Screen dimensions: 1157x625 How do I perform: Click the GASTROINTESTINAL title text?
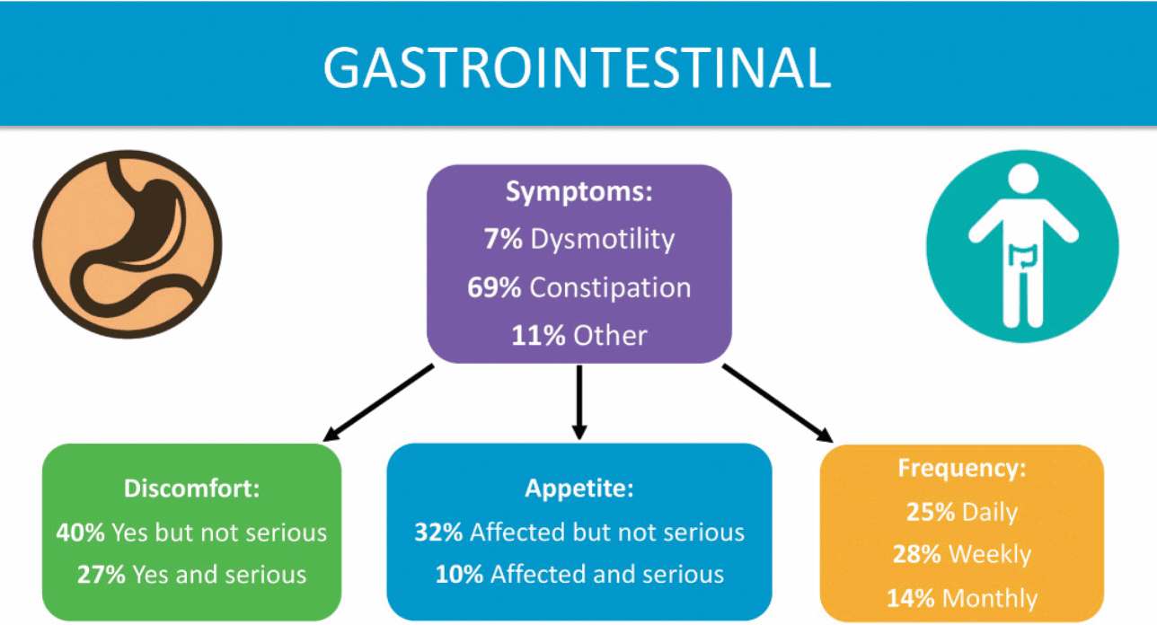[x=577, y=67]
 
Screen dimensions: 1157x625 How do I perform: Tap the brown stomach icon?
[x=128, y=244]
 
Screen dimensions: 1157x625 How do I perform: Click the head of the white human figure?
[x=1023, y=179]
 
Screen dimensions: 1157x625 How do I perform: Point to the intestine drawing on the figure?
[x=1023, y=256]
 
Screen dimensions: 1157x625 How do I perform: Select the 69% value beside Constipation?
[x=494, y=287]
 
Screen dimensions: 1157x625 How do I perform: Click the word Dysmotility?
[x=603, y=239]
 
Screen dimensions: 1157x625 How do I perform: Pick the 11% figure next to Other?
[x=538, y=336]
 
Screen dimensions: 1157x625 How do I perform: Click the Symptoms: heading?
[x=579, y=192]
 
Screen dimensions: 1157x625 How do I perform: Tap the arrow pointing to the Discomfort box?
[x=378, y=403]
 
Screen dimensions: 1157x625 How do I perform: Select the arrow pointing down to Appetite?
[x=579, y=402]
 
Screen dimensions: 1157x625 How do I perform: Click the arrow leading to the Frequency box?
[x=778, y=403]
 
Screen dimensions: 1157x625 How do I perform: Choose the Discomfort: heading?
[x=191, y=489]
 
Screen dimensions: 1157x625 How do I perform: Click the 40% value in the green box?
[x=81, y=533]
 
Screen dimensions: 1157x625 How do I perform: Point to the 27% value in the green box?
[x=102, y=575]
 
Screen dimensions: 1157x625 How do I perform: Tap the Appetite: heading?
[x=579, y=489]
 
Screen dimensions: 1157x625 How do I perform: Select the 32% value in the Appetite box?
[x=438, y=533]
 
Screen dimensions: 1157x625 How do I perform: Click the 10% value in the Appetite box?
[x=459, y=575]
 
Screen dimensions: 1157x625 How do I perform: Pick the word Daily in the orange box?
[x=990, y=513]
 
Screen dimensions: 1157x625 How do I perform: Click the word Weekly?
[x=990, y=554]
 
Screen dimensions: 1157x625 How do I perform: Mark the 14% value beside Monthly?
[x=911, y=599]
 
